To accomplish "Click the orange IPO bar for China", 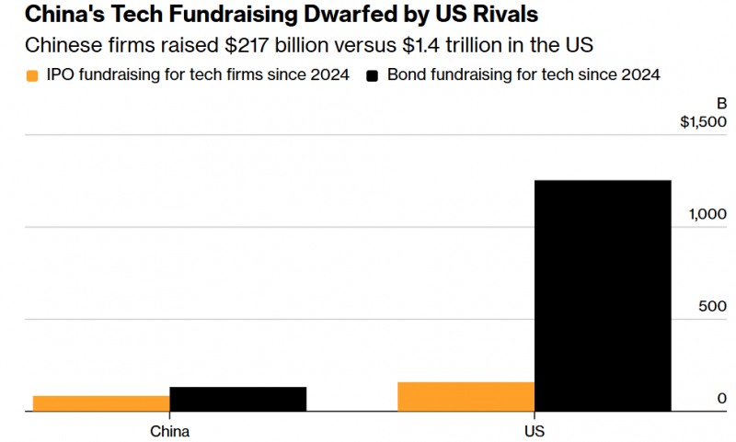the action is click(x=101, y=403).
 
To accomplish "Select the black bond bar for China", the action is click(x=238, y=399).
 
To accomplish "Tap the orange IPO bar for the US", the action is click(x=466, y=397).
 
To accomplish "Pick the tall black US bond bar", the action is click(x=603, y=296).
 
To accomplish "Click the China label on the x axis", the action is click(x=170, y=431).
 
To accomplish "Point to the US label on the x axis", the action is click(x=535, y=431).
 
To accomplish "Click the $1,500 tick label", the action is click(x=703, y=122).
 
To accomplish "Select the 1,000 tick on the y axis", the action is click(x=707, y=214).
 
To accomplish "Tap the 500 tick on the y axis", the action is click(x=712, y=306).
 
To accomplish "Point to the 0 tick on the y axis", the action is click(x=722, y=399).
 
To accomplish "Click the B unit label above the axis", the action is click(x=722, y=103).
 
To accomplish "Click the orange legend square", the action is click(x=32, y=76).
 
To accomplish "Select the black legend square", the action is click(x=373, y=76).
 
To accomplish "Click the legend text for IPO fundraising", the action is click(x=198, y=74).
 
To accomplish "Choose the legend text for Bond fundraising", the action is click(x=523, y=74).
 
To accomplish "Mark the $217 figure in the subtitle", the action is click(x=247, y=45).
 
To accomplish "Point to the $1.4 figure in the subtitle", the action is click(x=421, y=45).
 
